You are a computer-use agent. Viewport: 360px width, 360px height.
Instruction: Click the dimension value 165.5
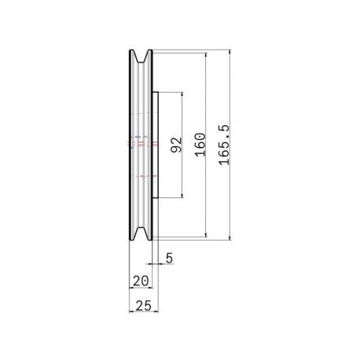coord(224,145)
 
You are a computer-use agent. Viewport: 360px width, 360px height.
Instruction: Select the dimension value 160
coord(200,145)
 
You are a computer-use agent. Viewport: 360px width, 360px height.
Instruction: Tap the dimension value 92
coord(176,145)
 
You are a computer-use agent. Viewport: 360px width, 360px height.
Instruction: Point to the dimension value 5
coord(169,258)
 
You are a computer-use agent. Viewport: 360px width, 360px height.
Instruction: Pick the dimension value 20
coord(141,281)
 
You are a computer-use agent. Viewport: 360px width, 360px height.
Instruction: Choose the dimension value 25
coord(144,306)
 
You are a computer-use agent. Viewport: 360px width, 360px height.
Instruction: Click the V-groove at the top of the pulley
coord(141,57)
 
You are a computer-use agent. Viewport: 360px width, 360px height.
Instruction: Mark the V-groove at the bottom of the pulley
coord(141,233)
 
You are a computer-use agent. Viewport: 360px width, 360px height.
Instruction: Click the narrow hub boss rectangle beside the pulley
coord(156,145)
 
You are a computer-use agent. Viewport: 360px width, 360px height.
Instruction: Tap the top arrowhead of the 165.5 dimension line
coord(230,51)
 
